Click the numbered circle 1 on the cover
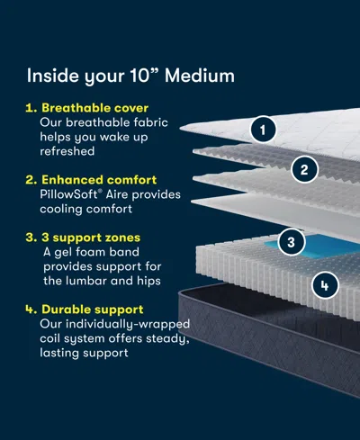tap(262, 130)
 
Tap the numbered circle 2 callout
tap(304, 168)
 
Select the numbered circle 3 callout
tap(290, 241)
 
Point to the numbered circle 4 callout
tap(325, 287)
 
